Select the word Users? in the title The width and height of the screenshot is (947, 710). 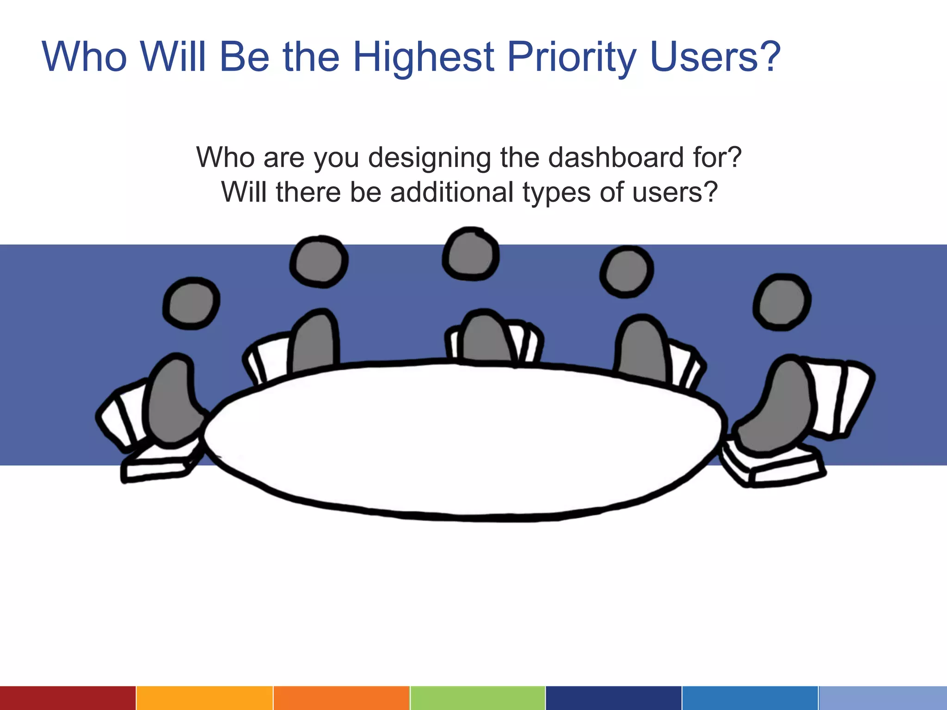(714, 57)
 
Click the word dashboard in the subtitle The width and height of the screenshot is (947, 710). (615, 158)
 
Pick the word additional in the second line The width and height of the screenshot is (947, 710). (452, 192)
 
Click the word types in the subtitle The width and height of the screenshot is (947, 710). (556, 192)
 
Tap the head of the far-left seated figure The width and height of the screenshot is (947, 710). (191, 304)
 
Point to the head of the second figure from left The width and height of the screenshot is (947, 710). (319, 261)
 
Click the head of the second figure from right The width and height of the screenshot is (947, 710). (627, 272)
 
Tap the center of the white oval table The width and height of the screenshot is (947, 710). (462, 439)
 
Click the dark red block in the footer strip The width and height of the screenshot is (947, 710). (68, 698)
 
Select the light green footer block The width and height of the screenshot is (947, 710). (477, 698)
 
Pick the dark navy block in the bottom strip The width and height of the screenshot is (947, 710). (613, 698)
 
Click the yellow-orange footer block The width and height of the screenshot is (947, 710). (204, 698)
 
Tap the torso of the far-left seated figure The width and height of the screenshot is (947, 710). (172, 402)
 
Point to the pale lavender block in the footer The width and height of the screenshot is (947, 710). (883, 698)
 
